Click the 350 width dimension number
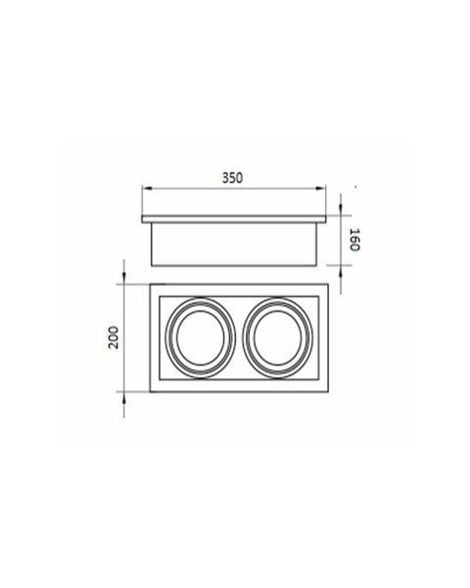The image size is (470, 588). pyautogui.click(x=232, y=177)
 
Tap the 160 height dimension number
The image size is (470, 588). pyautogui.click(x=354, y=239)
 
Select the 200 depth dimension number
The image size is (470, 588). pyautogui.click(x=114, y=338)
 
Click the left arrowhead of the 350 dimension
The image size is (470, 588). pyautogui.click(x=147, y=188)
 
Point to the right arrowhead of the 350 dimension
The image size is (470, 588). pyautogui.click(x=321, y=188)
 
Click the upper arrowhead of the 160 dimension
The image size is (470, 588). pyautogui.click(x=341, y=210)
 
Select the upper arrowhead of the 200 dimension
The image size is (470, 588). pyautogui.click(x=124, y=278)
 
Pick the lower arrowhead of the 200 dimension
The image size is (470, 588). pyautogui.click(x=124, y=398)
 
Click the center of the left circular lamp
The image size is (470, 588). pyautogui.click(x=201, y=338)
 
